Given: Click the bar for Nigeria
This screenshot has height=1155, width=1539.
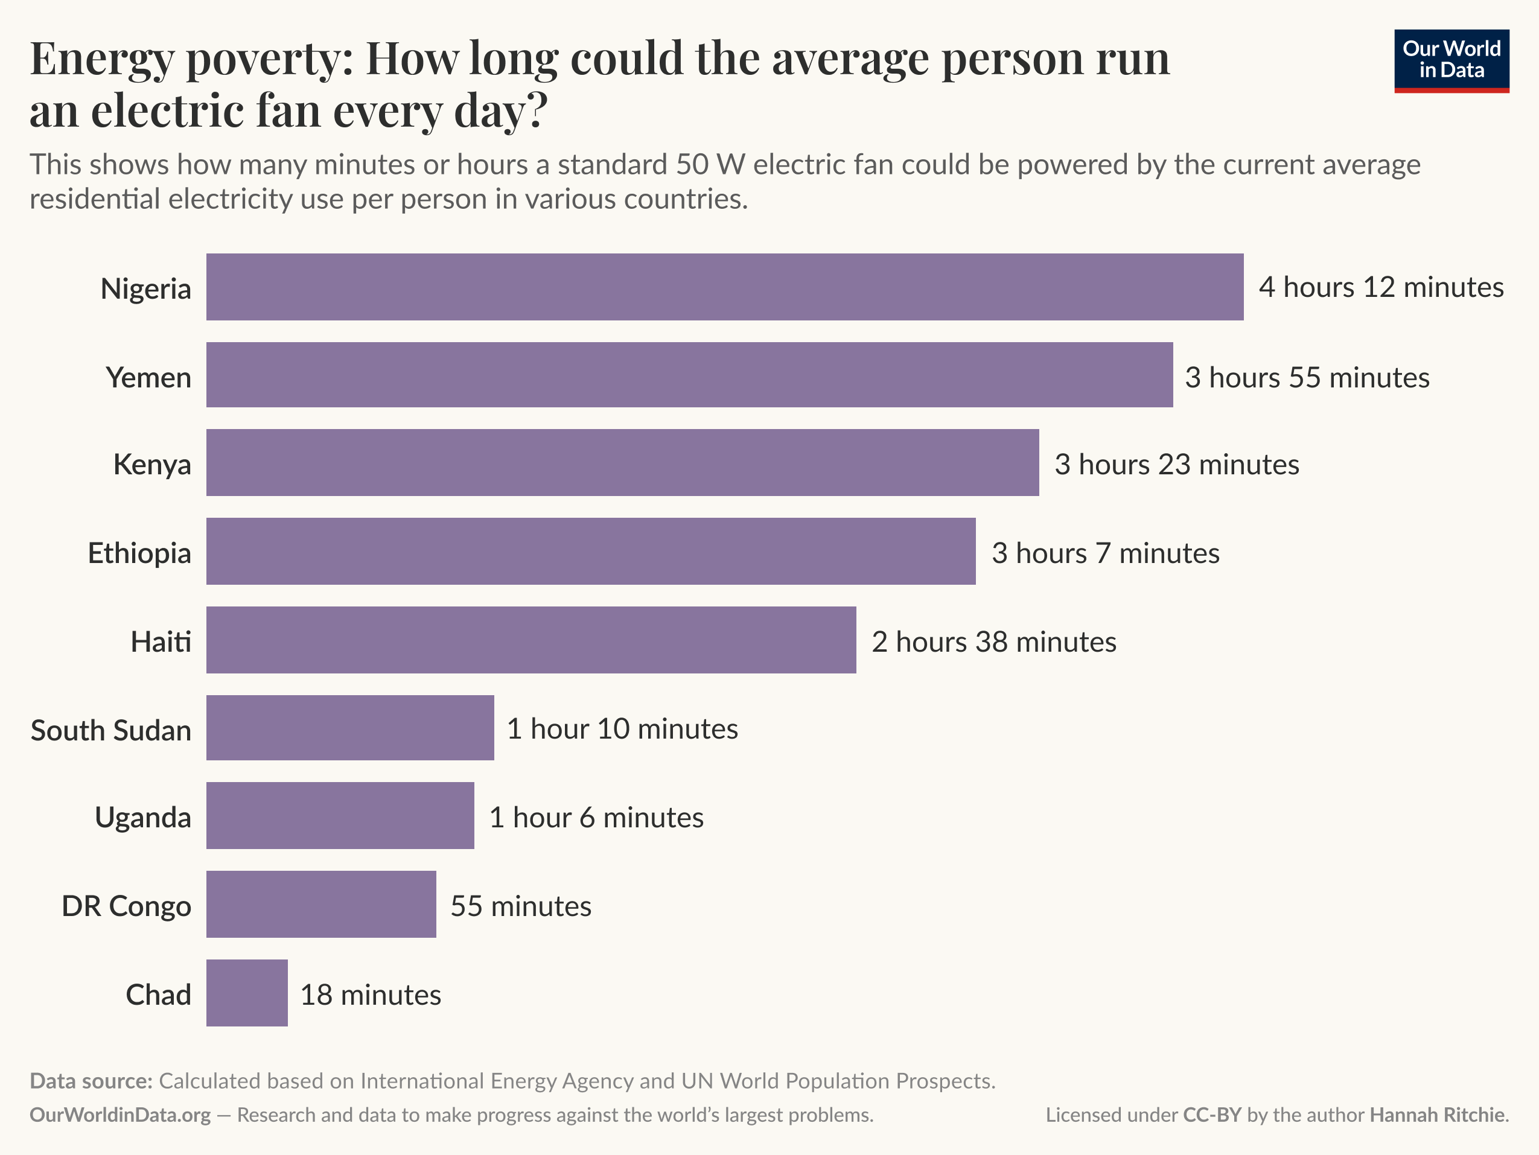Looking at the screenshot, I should [x=724, y=287].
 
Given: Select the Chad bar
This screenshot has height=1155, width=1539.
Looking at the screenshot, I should [x=246, y=993].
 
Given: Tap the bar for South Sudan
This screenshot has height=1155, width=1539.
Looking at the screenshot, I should [x=350, y=728].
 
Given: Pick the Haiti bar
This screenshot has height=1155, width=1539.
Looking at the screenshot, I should [x=531, y=640].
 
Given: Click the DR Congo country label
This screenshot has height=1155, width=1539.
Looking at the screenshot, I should [x=126, y=906].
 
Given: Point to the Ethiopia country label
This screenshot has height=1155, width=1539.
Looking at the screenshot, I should [x=139, y=553].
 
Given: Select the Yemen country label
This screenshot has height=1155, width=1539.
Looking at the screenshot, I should [x=148, y=377].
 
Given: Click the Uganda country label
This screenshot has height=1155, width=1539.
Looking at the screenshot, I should [x=142, y=817].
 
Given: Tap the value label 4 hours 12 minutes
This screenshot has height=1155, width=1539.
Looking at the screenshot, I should [x=1381, y=287].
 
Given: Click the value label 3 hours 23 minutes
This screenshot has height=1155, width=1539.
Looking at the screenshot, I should [x=1176, y=464].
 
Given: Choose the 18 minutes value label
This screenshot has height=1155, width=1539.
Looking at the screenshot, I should [x=370, y=995].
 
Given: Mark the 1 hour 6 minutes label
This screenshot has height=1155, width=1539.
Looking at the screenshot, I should [x=596, y=817].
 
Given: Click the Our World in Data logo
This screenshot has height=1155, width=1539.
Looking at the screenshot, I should [x=1451, y=60].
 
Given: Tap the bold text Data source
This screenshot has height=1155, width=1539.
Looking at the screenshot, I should [x=91, y=1081].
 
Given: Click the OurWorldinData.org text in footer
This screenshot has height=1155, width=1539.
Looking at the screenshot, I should [x=119, y=1115].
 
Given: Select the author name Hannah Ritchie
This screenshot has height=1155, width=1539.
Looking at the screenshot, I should [x=1437, y=1115].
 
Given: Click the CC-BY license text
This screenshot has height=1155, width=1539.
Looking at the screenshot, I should [x=1212, y=1115].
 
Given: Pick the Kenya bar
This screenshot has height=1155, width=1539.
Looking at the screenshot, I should [x=622, y=463].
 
